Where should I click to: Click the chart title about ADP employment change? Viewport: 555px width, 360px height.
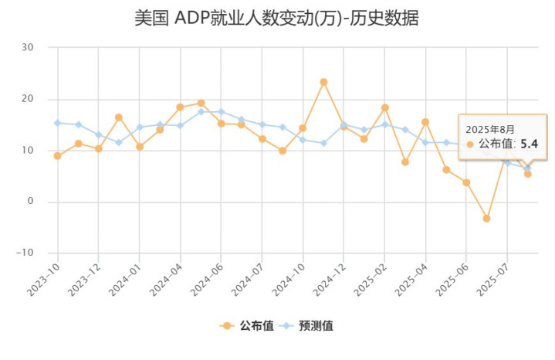(276, 19)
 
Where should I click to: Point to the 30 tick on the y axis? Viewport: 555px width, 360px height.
(28, 47)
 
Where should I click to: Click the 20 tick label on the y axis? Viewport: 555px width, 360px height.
(28, 99)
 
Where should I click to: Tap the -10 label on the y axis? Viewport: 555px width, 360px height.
(25, 253)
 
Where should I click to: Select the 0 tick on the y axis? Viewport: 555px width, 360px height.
(31, 202)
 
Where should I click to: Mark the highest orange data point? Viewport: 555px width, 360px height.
(323, 82)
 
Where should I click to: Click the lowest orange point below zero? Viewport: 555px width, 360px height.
(486, 219)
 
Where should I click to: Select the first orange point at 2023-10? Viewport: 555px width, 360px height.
(57, 156)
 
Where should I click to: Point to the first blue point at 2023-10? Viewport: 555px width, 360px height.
(57, 123)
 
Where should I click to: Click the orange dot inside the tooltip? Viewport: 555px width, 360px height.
(470, 144)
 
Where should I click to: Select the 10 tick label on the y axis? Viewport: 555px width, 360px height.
(28, 150)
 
